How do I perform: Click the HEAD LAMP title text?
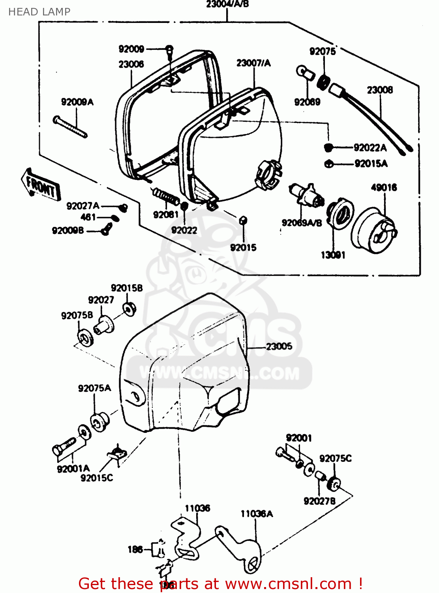click(39, 12)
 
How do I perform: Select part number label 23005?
click(279, 346)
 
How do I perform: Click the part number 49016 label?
click(384, 187)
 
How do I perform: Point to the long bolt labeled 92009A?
click(70, 127)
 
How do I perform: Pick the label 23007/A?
click(253, 63)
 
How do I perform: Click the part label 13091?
click(333, 255)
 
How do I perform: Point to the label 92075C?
click(335, 458)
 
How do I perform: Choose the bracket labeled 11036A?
click(241, 550)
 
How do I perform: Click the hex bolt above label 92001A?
click(63, 447)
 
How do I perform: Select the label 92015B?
click(127, 288)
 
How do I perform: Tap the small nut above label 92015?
click(243, 221)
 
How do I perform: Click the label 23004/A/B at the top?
click(227, 4)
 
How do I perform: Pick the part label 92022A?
click(370, 148)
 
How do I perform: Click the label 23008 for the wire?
click(380, 90)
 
